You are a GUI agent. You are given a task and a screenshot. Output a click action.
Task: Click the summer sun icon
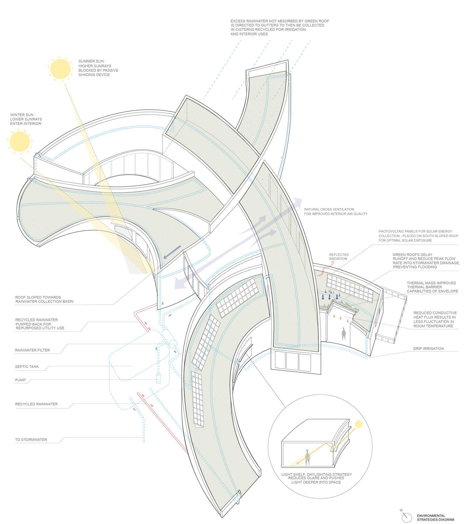click(x=61, y=69)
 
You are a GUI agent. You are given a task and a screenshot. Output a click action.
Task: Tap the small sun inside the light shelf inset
click(x=358, y=424)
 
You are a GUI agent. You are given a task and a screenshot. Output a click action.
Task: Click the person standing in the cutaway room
click(x=344, y=334)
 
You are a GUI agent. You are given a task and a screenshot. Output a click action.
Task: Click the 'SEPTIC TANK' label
click(x=27, y=367)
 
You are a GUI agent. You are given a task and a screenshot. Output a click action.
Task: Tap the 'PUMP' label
click(x=20, y=380)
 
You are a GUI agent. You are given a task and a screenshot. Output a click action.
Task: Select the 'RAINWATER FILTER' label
click(x=32, y=350)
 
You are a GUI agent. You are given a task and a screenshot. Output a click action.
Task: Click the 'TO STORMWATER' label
click(x=31, y=440)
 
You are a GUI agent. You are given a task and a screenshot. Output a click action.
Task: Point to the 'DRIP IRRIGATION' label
click(x=428, y=349)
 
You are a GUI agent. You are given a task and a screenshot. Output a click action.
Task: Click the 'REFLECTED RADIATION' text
click(x=338, y=257)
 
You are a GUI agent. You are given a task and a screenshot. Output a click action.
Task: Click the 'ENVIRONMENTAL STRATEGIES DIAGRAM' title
click(x=435, y=518)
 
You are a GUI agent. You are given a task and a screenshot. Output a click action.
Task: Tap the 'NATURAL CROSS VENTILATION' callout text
click(x=335, y=211)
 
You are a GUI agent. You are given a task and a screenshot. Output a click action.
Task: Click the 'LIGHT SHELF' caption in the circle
click(x=316, y=478)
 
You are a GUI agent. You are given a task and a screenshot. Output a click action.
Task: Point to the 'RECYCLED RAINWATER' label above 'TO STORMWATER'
click(x=36, y=404)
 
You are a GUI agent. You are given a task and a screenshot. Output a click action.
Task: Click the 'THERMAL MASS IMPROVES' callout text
click(x=432, y=287)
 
